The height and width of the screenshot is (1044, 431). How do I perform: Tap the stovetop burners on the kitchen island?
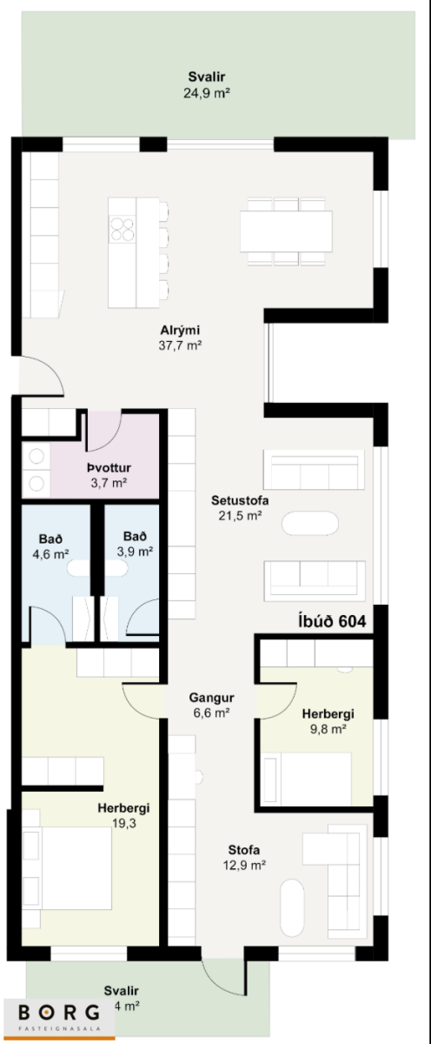point(122,229)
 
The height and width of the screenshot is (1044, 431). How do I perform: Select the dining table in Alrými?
point(286,231)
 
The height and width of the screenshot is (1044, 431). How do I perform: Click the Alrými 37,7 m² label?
point(180,338)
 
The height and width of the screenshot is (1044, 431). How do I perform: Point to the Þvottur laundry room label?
point(109,475)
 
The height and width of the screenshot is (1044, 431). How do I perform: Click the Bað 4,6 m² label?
point(50,546)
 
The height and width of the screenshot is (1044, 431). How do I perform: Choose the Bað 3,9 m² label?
point(135,544)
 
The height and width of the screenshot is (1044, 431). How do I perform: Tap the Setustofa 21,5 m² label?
point(240,508)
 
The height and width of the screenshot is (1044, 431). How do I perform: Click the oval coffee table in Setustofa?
point(310,524)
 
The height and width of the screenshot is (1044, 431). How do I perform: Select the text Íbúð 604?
point(331,621)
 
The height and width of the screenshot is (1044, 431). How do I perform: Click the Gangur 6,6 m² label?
point(211,705)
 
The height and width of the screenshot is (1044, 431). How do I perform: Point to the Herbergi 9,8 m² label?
point(328,721)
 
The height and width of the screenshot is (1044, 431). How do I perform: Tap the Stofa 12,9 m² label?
point(244,857)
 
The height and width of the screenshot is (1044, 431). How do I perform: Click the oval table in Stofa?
point(292,908)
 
